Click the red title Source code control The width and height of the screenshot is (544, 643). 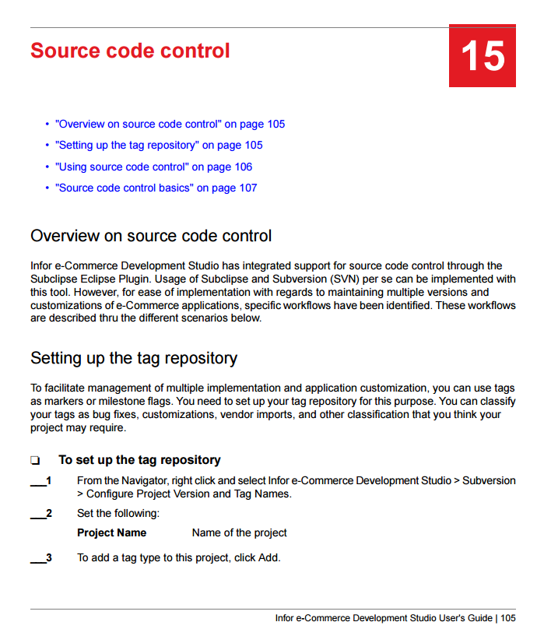point(130,51)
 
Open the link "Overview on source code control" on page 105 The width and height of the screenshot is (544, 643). point(170,124)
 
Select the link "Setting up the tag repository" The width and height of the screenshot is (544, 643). point(159,145)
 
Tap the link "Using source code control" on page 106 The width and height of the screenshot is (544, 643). point(153,167)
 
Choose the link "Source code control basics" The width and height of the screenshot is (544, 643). point(156,188)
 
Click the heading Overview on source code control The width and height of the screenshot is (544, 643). point(151,236)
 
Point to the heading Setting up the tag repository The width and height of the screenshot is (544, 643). point(134,358)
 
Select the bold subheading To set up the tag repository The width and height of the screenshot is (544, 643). point(139,460)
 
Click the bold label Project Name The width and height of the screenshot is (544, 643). point(111,533)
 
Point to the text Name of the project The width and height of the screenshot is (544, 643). point(239,533)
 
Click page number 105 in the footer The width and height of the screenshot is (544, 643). point(508,618)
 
